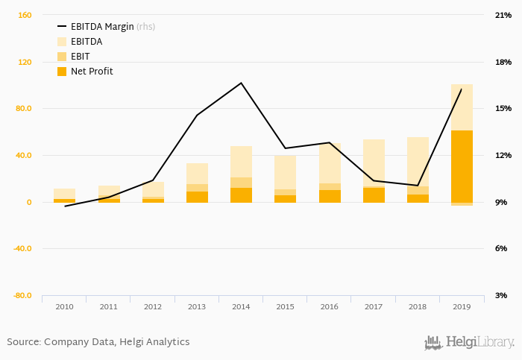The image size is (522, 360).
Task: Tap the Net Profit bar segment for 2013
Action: (197, 197)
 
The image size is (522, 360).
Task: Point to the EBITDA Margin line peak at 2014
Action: (241, 83)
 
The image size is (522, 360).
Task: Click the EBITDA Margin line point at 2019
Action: (461, 89)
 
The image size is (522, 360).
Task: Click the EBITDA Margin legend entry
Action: (102, 26)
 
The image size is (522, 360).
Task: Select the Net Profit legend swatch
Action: (62, 72)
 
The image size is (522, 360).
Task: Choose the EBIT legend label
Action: (81, 57)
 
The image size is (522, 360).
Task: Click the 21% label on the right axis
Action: (503, 15)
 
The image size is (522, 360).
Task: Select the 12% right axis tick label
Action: (503, 155)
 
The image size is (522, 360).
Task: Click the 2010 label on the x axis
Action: (64, 306)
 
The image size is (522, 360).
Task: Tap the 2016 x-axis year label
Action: (329, 306)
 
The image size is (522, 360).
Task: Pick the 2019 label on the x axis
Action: (462, 306)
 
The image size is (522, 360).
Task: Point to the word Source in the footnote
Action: (23, 342)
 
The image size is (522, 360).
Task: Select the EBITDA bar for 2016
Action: (329, 163)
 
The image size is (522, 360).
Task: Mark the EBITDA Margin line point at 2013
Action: (197, 115)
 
